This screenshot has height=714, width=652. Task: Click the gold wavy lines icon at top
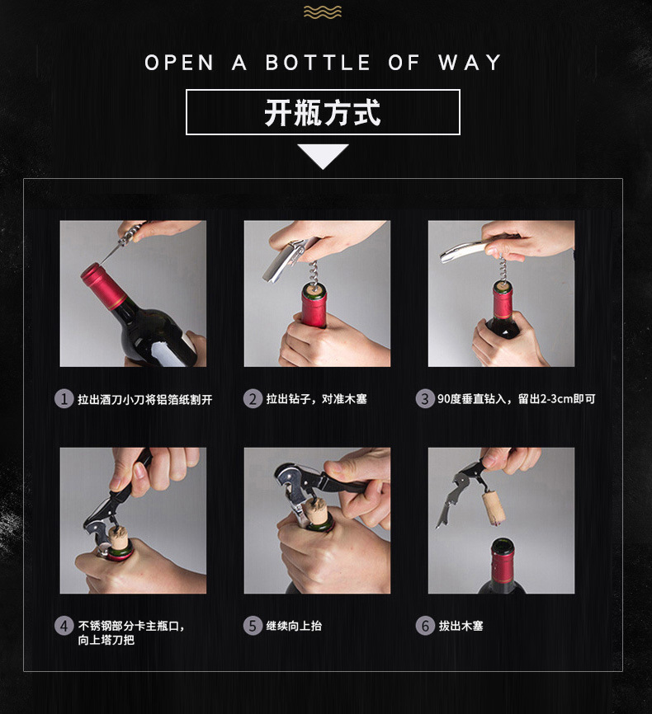click(x=323, y=12)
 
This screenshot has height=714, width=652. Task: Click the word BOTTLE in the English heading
click(x=318, y=63)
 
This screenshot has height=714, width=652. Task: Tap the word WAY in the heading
click(x=470, y=63)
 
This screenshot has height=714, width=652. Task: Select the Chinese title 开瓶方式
click(x=323, y=112)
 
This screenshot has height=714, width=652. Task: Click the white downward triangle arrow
click(x=323, y=156)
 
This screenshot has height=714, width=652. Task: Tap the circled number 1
click(x=64, y=399)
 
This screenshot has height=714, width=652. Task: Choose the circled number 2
click(x=253, y=399)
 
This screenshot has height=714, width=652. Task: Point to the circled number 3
click(x=424, y=399)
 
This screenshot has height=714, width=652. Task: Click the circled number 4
click(x=64, y=626)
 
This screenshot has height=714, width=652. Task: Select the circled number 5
click(x=253, y=626)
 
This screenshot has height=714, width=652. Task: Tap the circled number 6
click(x=424, y=626)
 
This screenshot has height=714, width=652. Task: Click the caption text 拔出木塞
click(x=461, y=626)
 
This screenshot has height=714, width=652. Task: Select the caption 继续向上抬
click(x=294, y=626)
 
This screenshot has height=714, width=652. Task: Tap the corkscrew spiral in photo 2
click(x=314, y=272)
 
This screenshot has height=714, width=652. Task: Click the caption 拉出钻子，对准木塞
click(x=316, y=399)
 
